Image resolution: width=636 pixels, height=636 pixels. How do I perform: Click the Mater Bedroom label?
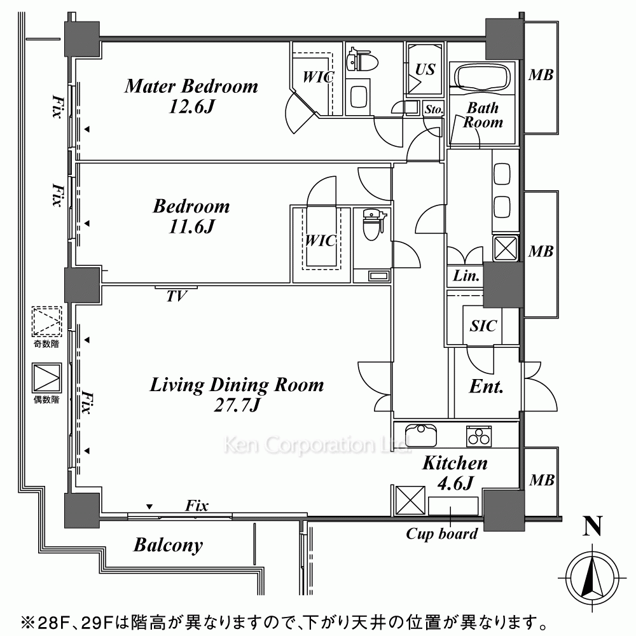[191, 86]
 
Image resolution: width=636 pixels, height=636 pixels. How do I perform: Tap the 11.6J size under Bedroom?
[191, 226]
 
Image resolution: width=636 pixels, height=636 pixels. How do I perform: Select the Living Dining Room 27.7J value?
[237, 404]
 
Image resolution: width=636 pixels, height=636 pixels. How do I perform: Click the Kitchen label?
[455, 463]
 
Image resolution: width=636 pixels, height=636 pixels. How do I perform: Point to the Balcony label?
[168, 545]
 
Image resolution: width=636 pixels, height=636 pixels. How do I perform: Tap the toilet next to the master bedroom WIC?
[363, 61]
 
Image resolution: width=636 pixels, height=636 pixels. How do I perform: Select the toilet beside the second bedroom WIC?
[371, 224]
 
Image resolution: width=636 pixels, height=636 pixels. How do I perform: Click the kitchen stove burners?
[479, 436]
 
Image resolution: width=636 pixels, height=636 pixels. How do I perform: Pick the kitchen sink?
[420, 435]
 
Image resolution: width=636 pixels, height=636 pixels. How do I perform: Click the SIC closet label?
[483, 326]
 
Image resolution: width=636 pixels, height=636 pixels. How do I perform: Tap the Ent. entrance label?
[486, 387]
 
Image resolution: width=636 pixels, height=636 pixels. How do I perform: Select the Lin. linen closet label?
[466, 276]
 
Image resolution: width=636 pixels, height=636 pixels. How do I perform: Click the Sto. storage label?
[434, 109]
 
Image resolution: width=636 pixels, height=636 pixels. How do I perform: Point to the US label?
[425, 69]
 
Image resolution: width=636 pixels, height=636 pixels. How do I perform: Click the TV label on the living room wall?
[176, 296]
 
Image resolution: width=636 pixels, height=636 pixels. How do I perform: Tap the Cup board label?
[442, 534]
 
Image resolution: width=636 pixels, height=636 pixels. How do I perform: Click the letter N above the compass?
[592, 526]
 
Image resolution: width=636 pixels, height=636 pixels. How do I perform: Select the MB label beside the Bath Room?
[541, 75]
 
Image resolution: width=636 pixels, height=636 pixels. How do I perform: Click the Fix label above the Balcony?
[197, 506]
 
